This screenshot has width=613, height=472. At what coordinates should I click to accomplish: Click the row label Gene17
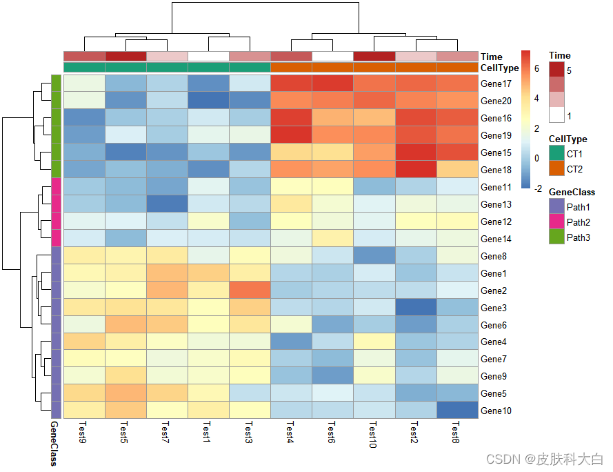(496, 84)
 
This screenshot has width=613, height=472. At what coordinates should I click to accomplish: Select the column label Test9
(84, 429)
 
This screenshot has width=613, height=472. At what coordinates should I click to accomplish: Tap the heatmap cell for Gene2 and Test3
(250, 291)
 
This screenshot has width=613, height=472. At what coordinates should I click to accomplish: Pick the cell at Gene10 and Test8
(457, 411)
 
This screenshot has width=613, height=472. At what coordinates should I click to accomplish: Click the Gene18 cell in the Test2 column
(416, 170)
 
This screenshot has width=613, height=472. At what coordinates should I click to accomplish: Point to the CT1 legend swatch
(556, 153)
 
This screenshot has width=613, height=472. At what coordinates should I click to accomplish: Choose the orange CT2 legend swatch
(556, 168)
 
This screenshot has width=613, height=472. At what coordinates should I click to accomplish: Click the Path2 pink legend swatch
(556, 222)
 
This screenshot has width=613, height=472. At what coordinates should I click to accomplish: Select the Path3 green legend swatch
(556, 237)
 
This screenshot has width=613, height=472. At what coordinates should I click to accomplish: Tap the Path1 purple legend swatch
(556, 206)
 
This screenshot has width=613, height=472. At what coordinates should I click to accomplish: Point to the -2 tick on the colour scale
(537, 188)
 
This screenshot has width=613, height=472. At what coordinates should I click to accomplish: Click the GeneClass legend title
(572, 192)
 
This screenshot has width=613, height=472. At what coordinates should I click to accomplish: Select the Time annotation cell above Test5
(125, 56)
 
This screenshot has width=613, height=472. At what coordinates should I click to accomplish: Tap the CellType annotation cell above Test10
(374, 68)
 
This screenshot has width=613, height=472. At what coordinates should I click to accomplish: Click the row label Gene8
(494, 256)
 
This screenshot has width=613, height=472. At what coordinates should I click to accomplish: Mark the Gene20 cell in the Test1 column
(208, 101)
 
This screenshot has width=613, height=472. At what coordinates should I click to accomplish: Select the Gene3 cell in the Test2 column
(416, 308)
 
